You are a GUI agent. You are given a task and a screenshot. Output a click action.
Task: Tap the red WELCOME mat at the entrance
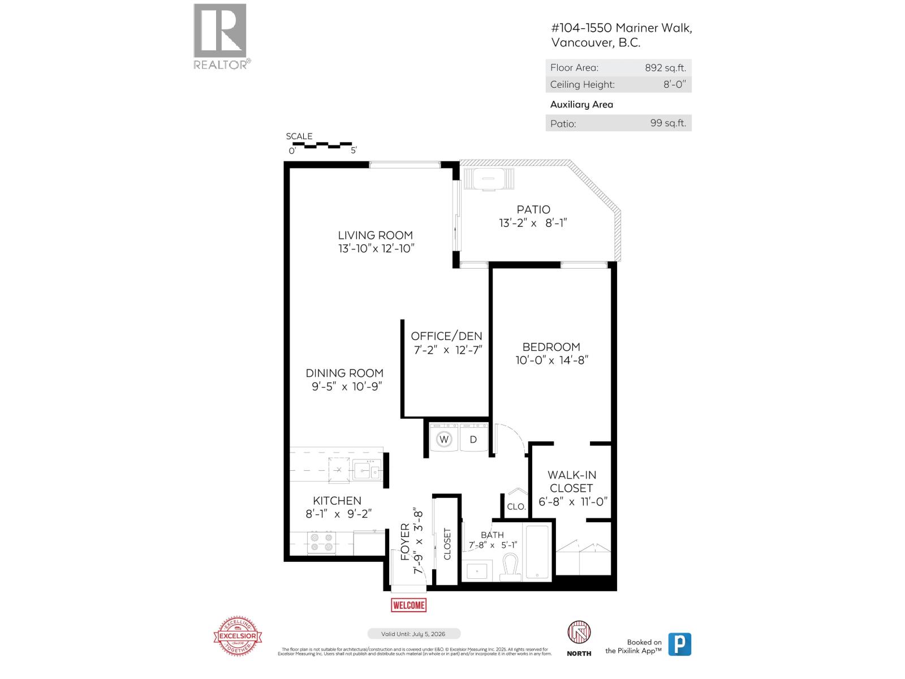coord(408,605)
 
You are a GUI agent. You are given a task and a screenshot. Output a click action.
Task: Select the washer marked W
coord(444,439)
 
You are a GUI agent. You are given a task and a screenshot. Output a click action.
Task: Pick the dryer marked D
coord(473,439)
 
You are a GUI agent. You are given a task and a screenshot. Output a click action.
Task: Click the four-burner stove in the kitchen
coord(322,543)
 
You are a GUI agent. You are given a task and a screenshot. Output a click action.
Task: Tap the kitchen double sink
coord(367,470)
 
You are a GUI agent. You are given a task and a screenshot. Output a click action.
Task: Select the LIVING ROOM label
coord(376,235)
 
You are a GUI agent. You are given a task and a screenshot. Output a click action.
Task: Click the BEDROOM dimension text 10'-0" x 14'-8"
coord(551,360)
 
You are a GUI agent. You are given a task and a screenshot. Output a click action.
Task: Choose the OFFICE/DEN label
coord(446,336)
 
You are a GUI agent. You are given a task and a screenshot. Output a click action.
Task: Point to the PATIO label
coord(533,209)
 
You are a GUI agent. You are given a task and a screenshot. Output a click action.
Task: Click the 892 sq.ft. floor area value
coord(665,68)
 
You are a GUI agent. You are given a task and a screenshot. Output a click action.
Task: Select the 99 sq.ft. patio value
coord(667,123)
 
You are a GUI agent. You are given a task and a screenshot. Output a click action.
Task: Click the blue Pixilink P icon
coord(679,644)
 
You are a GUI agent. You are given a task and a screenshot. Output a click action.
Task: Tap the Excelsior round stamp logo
coord(238,637)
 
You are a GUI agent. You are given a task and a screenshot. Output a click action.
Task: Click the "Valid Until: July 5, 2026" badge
coord(414,634)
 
